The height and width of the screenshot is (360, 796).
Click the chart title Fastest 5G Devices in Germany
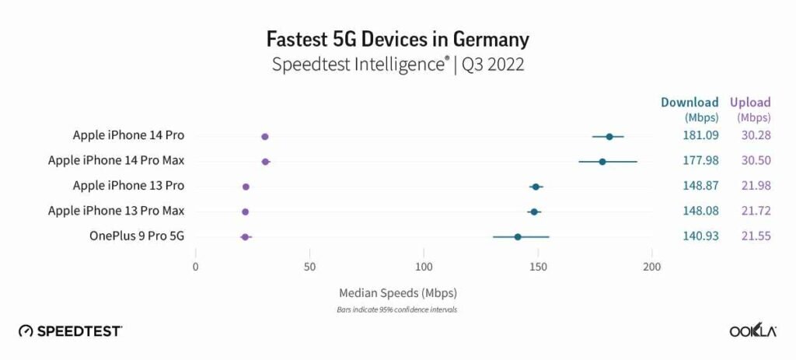[397, 39]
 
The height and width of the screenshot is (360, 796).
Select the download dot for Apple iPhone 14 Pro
[609, 137]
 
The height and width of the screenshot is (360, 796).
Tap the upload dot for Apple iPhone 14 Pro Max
[266, 162]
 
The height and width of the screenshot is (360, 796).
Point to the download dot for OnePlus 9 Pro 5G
[518, 236]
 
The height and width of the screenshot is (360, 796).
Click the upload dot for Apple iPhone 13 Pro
[246, 187]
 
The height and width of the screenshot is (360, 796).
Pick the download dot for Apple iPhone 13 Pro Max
[534, 211]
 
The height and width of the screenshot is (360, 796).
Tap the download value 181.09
[696, 135]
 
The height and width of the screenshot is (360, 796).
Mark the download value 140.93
[696, 236]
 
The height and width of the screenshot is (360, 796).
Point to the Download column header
[690, 102]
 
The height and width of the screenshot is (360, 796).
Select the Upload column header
[749, 102]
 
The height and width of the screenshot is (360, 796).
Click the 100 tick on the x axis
[424, 267]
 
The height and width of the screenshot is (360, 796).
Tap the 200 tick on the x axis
[652, 267]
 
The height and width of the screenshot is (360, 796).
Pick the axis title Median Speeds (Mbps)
[397, 293]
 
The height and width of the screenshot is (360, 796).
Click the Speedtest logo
[70, 330]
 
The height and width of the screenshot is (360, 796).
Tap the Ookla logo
[753, 330]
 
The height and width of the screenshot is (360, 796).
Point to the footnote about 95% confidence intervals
[397, 309]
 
